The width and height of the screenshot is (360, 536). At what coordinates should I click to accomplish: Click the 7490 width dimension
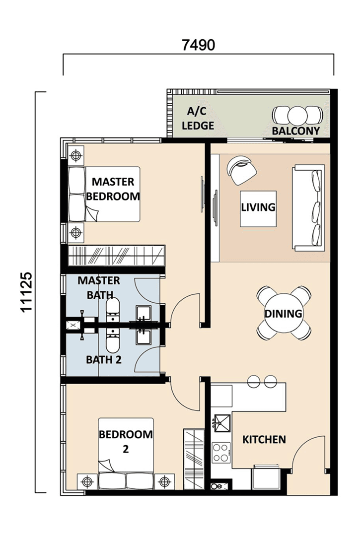click(x=198, y=45)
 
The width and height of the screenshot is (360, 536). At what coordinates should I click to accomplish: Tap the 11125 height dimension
click(x=27, y=292)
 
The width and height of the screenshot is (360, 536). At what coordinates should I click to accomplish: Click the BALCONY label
click(x=296, y=131)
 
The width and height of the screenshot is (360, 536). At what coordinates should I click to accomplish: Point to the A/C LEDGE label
click(x=198, y=119)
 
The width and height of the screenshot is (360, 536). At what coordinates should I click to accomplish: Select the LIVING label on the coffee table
click(x=258, y=207)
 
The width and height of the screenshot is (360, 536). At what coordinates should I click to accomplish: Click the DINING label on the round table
click(x=284, y=314)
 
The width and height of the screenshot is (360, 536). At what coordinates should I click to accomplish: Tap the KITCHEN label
click(x=264, y=439)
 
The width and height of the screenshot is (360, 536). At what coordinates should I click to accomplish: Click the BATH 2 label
click(x=104, y=360)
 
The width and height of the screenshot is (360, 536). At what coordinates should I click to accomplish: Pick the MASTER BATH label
click(x=99, y=287)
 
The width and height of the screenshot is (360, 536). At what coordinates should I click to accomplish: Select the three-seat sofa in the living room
click(x=308, y=207)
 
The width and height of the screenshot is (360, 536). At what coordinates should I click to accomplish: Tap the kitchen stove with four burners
click(x=221, y=452)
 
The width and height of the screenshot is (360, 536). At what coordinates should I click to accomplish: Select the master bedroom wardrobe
click(x=116, y=255)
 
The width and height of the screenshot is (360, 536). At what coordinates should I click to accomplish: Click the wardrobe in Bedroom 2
click(x=194, y=459)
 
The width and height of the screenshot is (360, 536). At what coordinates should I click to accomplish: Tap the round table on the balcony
click(x=296, y=115)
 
